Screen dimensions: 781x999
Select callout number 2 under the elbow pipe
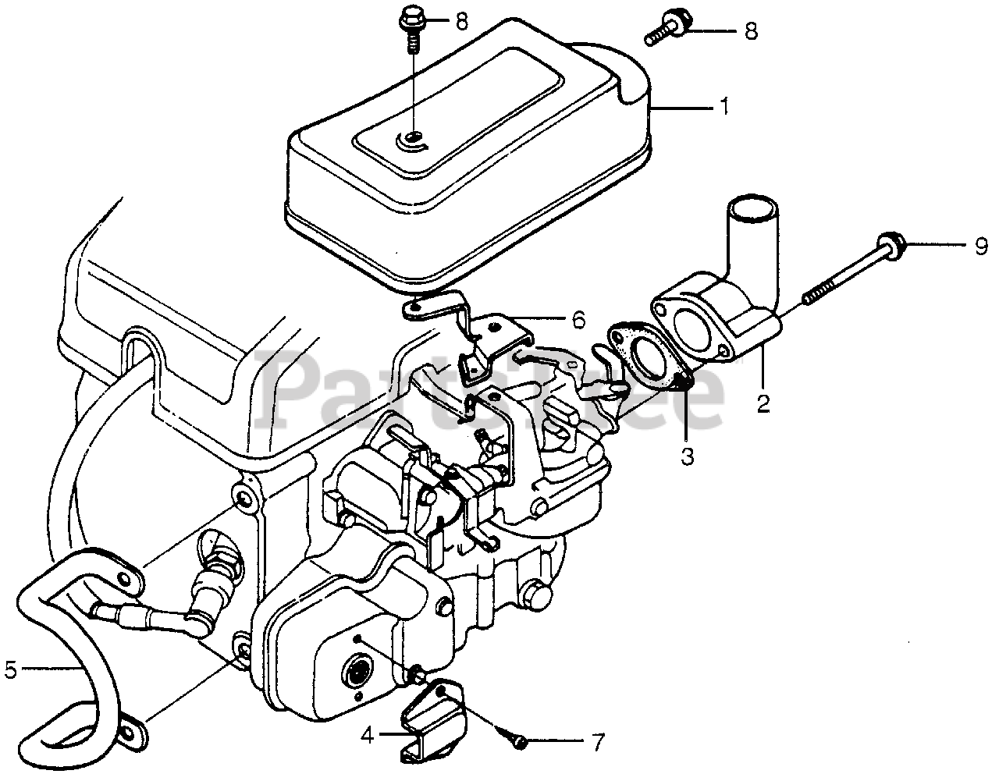click(763, 403)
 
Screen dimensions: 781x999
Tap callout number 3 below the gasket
click(687, 456)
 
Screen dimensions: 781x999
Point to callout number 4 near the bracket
click(367, 733)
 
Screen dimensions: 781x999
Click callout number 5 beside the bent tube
click(9, 668)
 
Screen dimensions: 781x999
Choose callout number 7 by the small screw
click(598, 743)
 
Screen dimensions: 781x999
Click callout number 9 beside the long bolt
click(980, 247)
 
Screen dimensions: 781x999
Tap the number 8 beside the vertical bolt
click(462, 21)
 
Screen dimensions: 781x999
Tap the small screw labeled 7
click(520, 739)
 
